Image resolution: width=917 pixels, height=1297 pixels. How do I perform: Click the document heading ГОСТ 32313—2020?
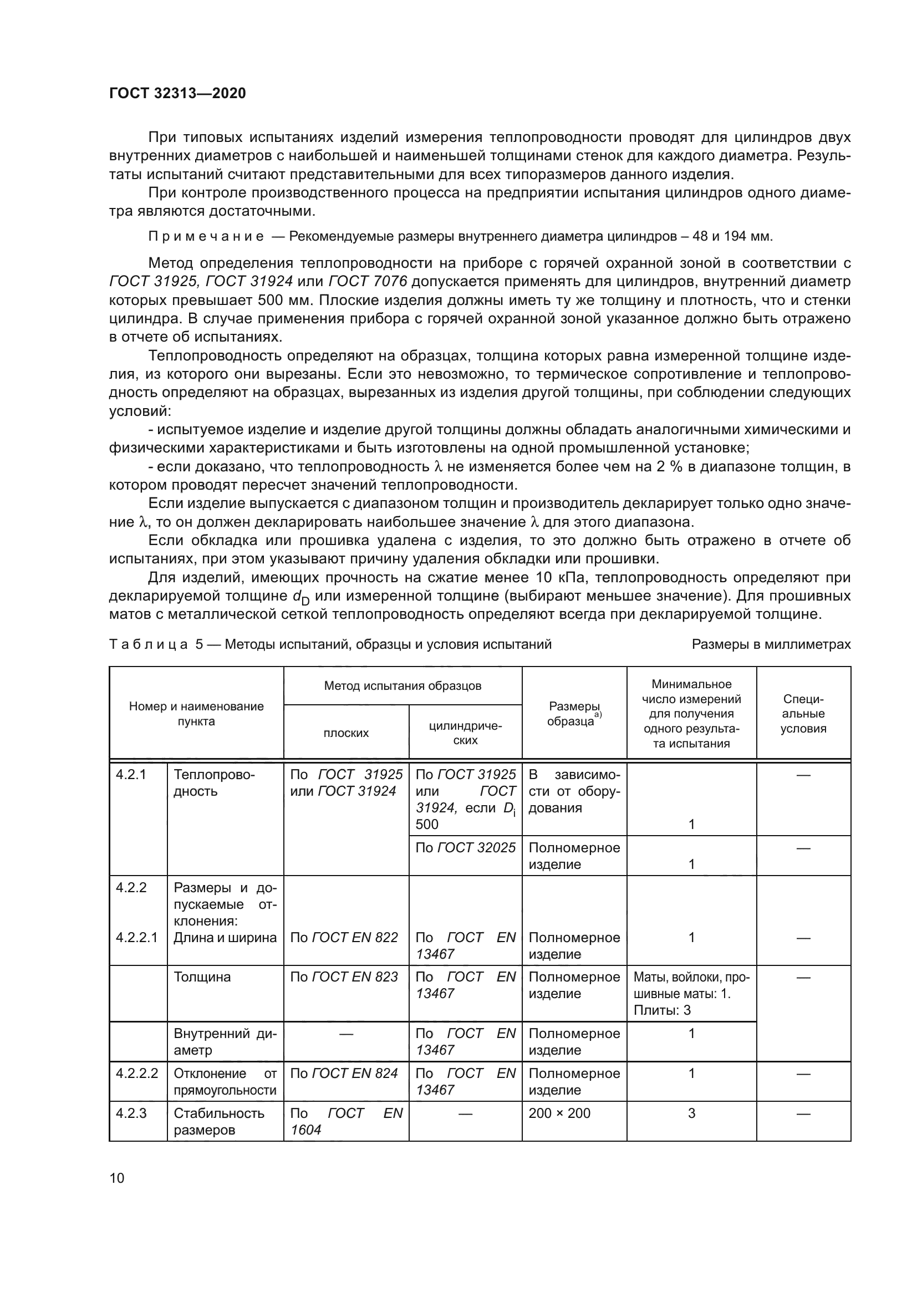[177, 93]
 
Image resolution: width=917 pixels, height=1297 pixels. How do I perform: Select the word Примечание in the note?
[206, 236]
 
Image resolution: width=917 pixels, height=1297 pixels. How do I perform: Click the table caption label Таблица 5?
[156, 644]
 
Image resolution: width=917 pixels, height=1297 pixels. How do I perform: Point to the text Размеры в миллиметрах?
[771, 644]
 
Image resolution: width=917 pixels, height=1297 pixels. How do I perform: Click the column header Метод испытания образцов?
[403, 686]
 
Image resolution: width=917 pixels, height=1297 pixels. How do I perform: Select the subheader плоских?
[346, 733]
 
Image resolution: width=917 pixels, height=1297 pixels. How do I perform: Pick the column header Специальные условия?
[803, 714]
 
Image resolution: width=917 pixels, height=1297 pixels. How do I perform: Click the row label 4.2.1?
[131, 775]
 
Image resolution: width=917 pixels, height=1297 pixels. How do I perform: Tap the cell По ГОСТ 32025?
[465, 848]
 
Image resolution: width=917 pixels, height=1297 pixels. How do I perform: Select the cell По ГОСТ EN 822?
[344, 938]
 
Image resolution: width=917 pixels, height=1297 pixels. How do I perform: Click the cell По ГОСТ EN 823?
[344, 977]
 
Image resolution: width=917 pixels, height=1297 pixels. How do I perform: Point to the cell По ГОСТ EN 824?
[344, 1074]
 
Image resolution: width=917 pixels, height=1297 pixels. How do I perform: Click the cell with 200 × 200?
[559, 1113]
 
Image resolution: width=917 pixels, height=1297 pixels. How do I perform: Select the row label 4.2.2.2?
[137, 1074]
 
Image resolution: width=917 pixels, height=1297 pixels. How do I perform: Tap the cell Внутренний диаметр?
[225, 1042]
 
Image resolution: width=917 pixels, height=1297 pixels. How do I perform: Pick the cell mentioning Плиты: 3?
[691, 994]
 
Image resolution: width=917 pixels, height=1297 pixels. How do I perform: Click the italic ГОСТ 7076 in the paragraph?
[367, 281]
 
